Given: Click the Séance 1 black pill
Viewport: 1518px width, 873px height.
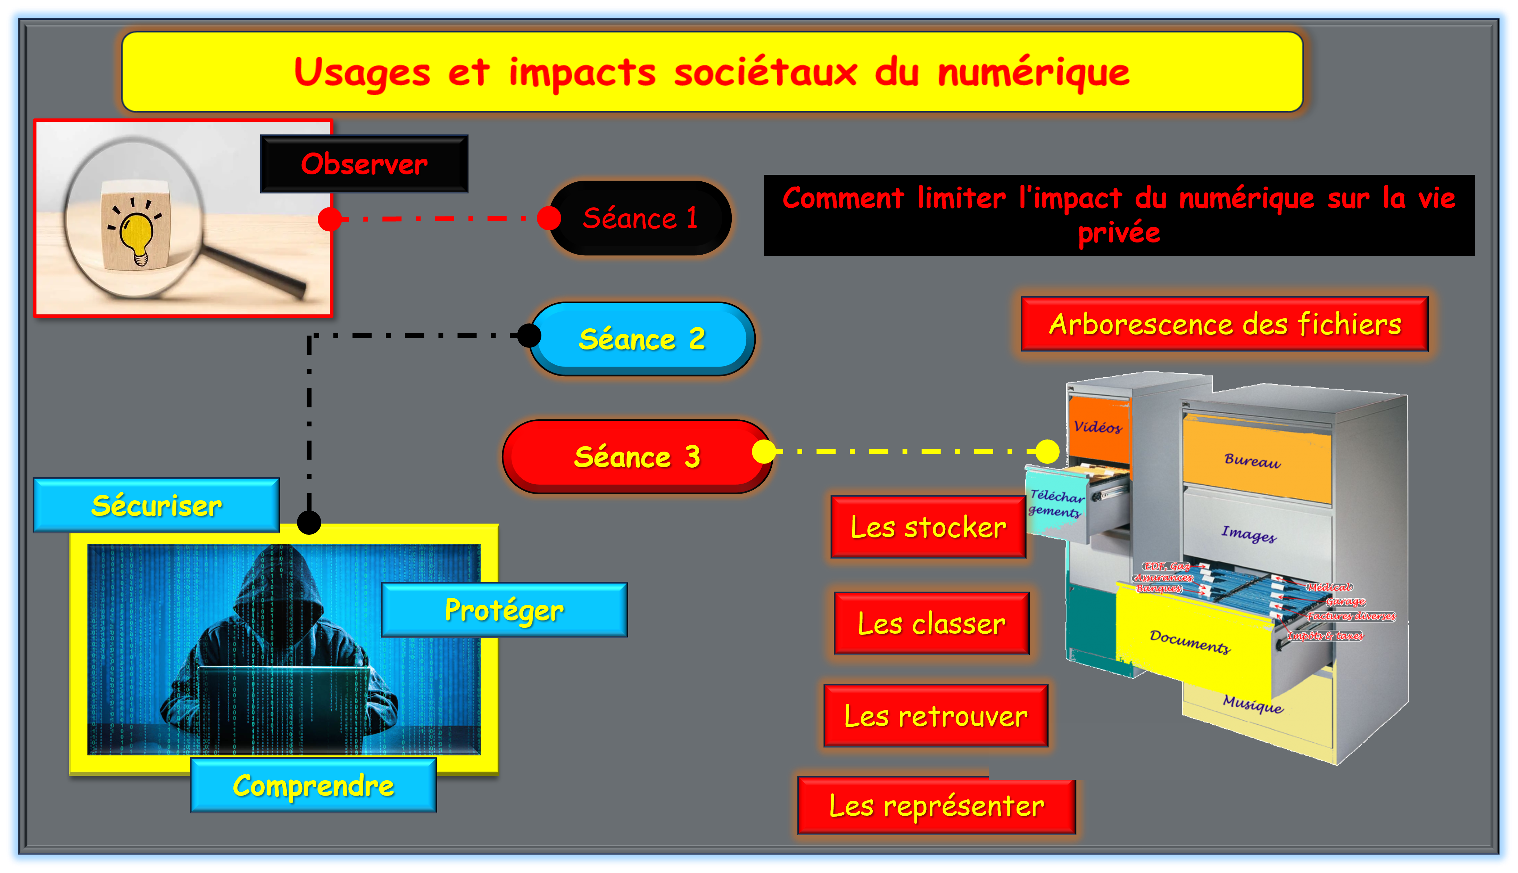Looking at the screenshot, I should [x=640, y=218].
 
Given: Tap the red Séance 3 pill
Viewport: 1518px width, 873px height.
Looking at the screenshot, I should [x=637, y=457].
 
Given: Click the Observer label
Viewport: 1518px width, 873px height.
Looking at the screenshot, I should [x=364, y=164].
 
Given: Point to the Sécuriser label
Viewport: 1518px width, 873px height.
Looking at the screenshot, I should [x=156, y=505].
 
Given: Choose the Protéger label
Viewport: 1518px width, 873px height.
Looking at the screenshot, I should [x=504, y=610].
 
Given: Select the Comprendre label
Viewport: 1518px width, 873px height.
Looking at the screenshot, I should [x=314, y=785].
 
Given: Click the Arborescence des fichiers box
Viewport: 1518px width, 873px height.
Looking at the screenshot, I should [x=1224, y=324].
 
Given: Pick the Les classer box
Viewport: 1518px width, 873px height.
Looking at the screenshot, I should [x=931, y=624].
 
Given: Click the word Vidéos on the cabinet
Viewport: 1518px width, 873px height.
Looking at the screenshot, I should [x=1097, y=427].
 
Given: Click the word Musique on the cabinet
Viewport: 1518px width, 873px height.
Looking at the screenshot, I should [x=1253, y=703].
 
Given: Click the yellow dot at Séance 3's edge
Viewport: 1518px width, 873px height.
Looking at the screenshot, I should [x=763, y=452].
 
